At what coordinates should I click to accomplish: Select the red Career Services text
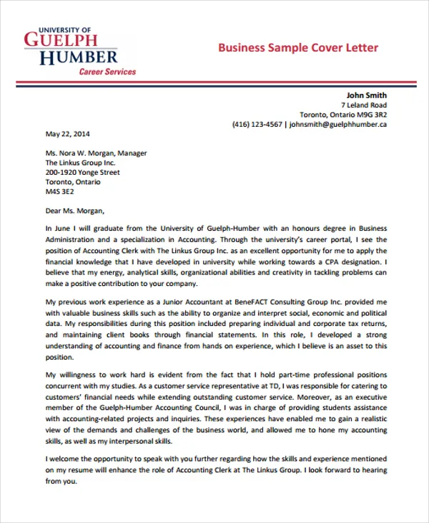(107, 72)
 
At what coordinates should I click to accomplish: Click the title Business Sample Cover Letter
(297, 48)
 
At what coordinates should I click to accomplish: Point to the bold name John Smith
(366, 95)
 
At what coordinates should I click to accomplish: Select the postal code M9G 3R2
(371, 115)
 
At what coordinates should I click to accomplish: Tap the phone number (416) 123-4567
(257, 124)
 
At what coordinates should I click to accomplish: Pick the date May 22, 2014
(68, 133)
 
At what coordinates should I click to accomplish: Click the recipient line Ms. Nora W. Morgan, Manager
(96, 153)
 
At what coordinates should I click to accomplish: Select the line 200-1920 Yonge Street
(82, 172)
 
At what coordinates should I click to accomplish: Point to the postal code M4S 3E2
(59, 191)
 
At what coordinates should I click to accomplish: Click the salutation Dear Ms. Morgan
(74, 211)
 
